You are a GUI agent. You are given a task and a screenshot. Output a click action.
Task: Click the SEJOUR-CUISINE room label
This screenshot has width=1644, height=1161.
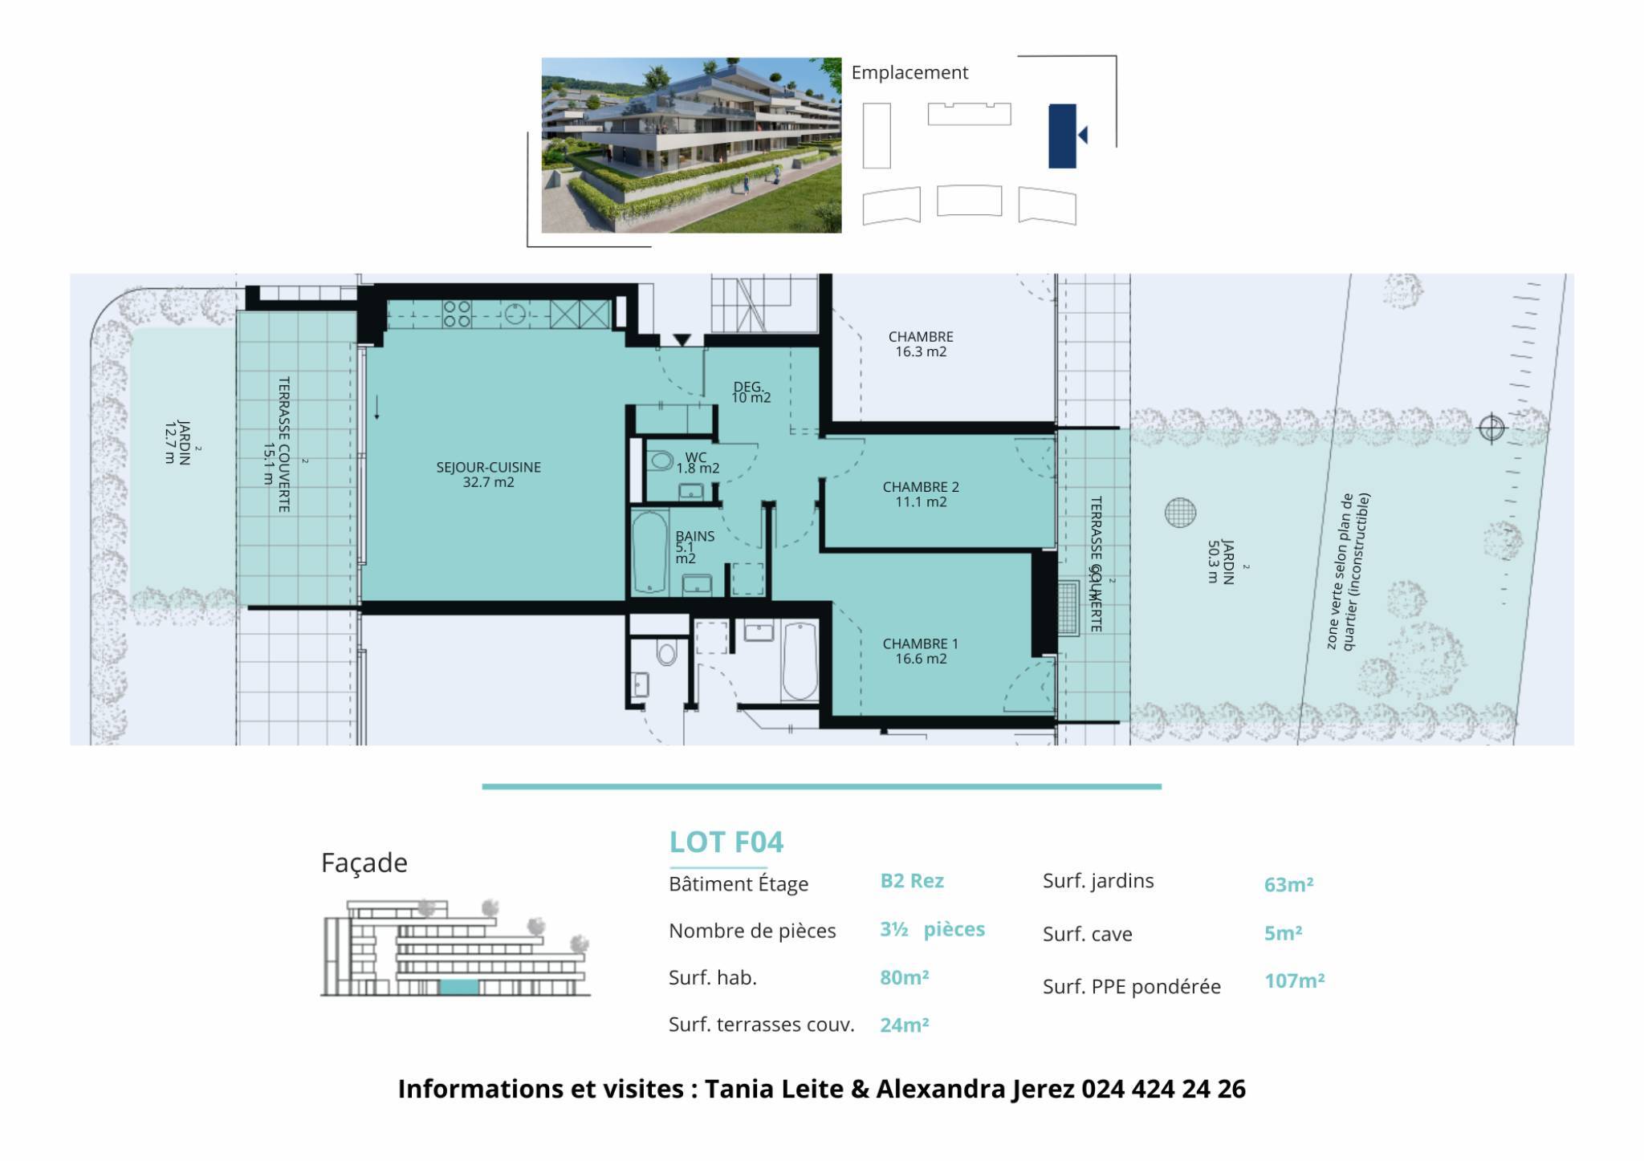coord(488,467)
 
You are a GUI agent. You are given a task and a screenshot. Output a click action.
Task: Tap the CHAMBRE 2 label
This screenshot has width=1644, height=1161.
coord(921,487)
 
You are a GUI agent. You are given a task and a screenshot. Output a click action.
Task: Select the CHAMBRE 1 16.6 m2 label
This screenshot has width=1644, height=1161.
coord(921,651)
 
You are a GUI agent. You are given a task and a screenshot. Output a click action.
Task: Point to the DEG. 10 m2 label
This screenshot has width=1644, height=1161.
coord(751,392)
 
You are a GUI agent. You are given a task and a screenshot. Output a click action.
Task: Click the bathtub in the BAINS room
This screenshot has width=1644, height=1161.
coord(649,553)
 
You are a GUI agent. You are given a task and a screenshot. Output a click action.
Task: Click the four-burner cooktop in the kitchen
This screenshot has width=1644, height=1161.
coord(457,314)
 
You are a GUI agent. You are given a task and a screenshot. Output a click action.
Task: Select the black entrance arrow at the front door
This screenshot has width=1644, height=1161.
coord(682,340)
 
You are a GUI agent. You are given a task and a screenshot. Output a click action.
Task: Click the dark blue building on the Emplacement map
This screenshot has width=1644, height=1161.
coord(1062,136)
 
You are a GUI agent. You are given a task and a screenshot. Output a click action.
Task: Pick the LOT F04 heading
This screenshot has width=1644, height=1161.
coord(726,842)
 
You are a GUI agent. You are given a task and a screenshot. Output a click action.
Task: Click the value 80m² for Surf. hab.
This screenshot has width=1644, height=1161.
coord(905,977)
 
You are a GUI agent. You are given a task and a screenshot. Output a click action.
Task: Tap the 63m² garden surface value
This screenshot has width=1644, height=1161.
coord(1288,884)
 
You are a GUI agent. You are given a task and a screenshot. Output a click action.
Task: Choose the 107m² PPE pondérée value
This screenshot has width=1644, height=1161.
coord(1295,980)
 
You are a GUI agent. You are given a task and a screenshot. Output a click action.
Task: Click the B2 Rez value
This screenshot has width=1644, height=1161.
coord(912,881)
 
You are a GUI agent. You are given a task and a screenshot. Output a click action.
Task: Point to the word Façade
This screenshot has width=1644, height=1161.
coord(364,863)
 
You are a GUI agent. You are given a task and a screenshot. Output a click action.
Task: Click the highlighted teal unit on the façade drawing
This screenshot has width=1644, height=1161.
coord(459,988)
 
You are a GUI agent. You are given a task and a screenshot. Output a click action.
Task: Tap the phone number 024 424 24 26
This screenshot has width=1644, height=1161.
coord(1164,1089)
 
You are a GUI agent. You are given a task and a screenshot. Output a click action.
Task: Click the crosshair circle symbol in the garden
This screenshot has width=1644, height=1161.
coord(1491,428)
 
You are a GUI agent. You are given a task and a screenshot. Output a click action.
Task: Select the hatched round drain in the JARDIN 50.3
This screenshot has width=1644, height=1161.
coord(1180,513)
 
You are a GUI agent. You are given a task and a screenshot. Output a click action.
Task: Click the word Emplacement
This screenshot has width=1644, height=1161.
coord(909,73)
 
